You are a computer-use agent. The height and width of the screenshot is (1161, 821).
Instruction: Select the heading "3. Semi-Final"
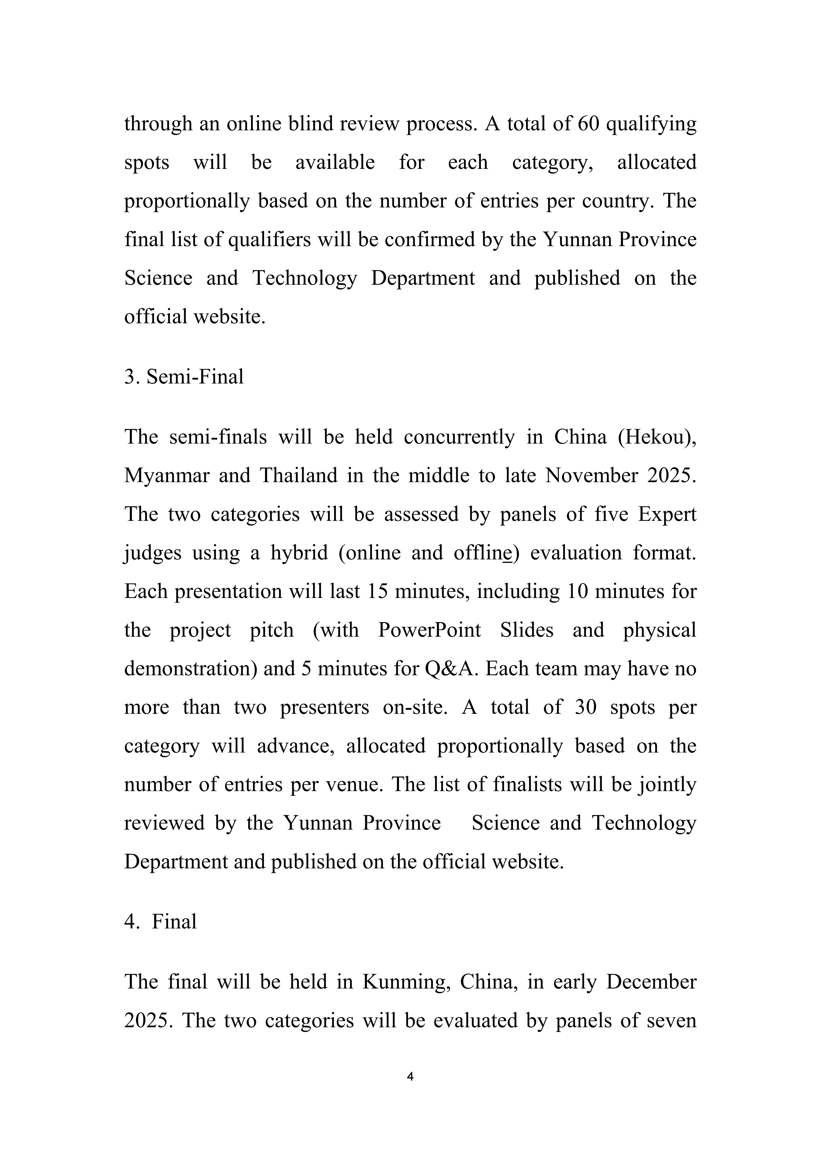(x=184, y=377)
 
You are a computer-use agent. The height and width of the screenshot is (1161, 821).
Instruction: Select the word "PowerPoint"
(x=429, y=630)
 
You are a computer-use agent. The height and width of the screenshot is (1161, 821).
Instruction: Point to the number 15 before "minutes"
(x=377, y=591)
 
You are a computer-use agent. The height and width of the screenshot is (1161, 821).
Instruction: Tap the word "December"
(x=651, y=982)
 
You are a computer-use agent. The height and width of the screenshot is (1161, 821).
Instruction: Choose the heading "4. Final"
(x=160, y=922)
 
